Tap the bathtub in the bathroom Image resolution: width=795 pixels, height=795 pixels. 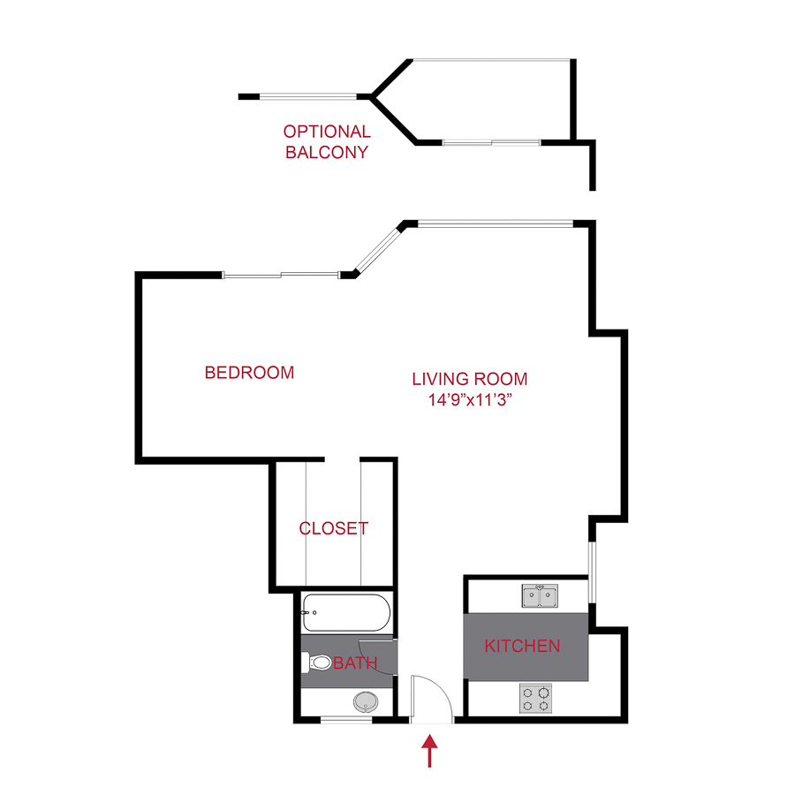tap(345, 612)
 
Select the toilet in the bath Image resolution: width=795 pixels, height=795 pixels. tap(316, 662)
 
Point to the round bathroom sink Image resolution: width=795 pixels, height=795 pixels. tap(364, 702)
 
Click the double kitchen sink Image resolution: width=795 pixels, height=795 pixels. tap(540, 596)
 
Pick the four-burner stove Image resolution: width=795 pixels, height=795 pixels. tap(537, 699)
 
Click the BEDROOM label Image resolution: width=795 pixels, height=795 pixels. tap(249, 373)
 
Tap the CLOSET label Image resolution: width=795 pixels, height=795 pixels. tap(333, 529)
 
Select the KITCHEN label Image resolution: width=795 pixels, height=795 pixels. tap(522, 646)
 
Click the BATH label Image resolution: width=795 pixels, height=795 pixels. tap(355, 662)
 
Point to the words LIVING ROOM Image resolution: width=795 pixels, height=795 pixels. tap(469, 379)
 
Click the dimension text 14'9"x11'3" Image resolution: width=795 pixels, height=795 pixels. tap(469, 400)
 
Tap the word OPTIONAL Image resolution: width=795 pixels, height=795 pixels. tap(327, 132)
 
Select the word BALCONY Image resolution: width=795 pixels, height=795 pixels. tap(327, 152)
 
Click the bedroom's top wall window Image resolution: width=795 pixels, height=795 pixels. tap(280, 276)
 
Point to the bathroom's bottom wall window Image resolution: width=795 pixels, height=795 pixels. tap(345, 721)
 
